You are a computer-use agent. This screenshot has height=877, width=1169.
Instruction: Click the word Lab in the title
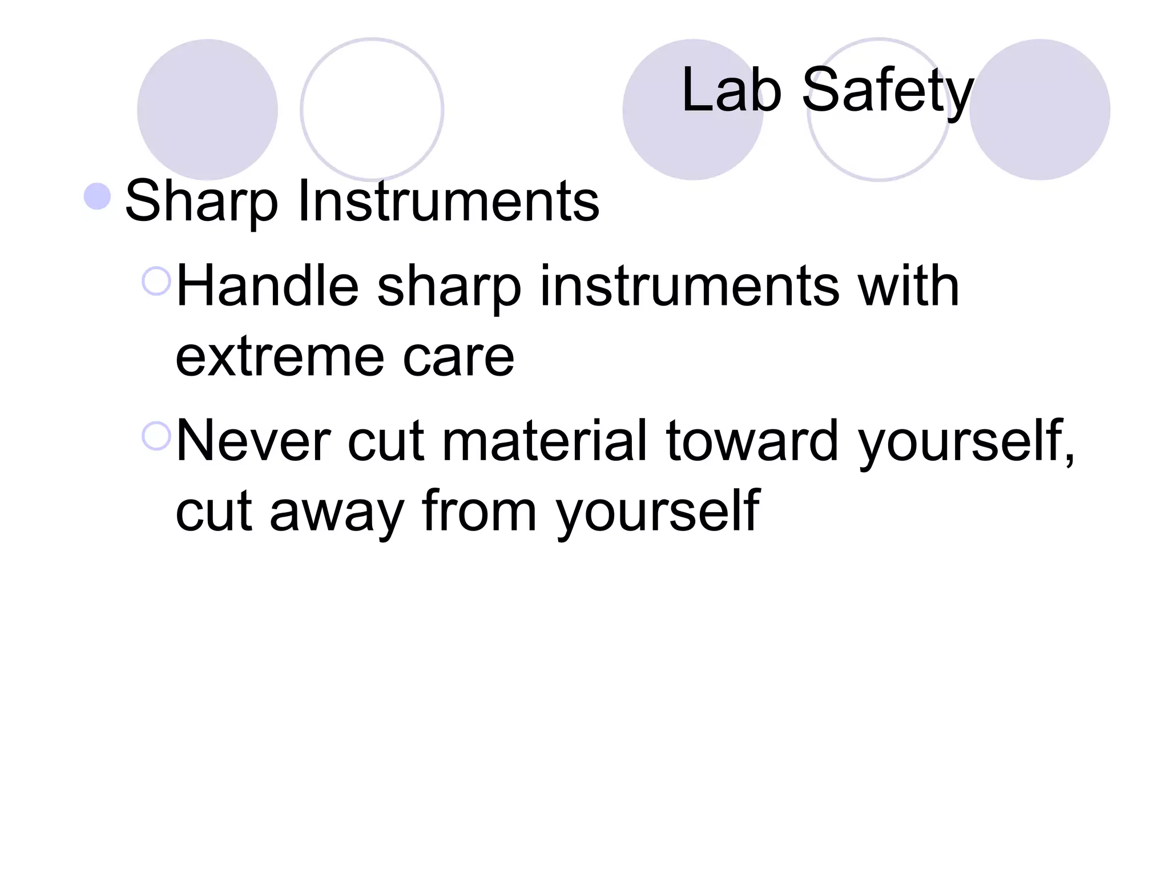point(731,90)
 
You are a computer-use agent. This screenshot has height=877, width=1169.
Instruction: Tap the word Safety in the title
point(887,91)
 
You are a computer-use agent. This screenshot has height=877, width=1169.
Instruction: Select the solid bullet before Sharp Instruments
point(97,196)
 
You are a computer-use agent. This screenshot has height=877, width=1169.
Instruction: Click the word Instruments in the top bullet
point(448,201)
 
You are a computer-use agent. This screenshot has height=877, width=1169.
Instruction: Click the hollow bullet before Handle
point(156,281)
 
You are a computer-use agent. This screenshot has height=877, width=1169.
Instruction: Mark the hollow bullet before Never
point(156,436)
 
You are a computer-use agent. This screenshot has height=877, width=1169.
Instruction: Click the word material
point(545,441)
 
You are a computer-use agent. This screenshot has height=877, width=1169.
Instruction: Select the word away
point(337,511)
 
